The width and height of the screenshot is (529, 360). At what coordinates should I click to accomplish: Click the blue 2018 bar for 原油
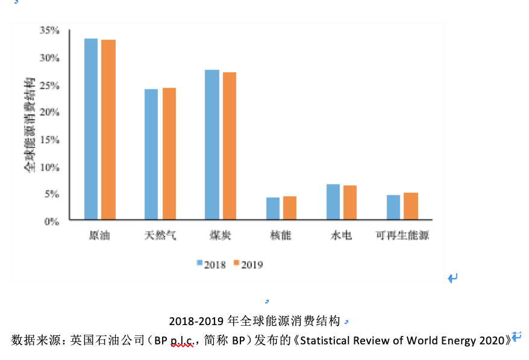pos(91,129)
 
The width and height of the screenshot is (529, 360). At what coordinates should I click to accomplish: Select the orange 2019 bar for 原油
pos(108,129)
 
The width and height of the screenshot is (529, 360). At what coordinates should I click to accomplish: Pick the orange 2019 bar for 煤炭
pos(230,146)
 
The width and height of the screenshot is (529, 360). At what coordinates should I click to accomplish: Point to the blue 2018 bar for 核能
pos(273,208)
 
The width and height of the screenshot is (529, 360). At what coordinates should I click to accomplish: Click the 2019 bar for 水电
pos(350,202)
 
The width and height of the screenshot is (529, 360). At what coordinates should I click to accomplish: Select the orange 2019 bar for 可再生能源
pos(410,206)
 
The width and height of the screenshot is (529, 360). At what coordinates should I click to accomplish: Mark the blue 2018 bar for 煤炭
pos(211,144)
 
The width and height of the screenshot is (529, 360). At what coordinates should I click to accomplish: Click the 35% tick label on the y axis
pos(49,30)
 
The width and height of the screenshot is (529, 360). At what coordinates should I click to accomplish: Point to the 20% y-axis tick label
pos(49,113)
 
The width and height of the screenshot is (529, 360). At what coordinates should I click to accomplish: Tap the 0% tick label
pos(52,222)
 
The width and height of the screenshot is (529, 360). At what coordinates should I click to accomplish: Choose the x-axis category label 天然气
pos(160,235)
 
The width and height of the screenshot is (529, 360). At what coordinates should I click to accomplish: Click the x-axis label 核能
pos(281,235)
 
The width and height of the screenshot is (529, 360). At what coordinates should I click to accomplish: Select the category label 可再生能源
pos(402,235)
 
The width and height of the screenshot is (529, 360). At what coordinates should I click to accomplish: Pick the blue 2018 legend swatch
pos(199,263)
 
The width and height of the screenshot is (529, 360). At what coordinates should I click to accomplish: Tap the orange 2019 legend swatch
pos(237,263)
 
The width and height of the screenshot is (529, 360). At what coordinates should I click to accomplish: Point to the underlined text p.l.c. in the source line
pos(181,340)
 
